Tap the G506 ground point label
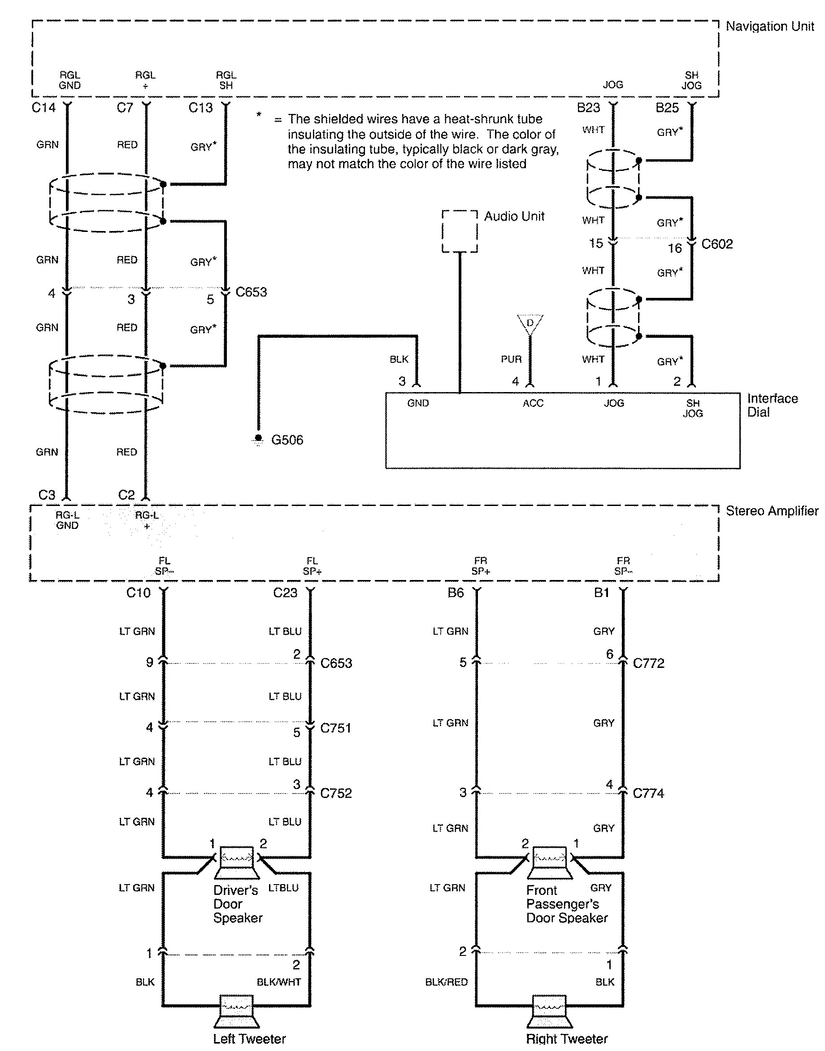click(287, 440)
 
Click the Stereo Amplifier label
click(772, 511)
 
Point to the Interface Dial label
click(772, 405)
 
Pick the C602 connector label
click(717, 244)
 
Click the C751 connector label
click(336, 728)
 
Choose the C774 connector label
click(648, 794)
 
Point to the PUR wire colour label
click(511, 359)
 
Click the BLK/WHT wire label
click(279, 982)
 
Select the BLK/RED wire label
click(446, 982)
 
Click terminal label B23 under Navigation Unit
click(588, 108)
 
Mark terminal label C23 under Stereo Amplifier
click(285, 593)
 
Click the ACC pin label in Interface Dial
click(533, 403)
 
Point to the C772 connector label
click(648, 663)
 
